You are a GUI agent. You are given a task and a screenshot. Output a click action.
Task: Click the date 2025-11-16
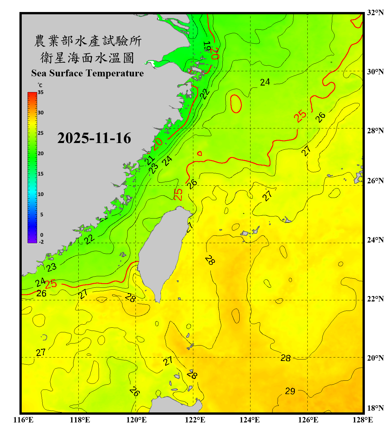[94, 138]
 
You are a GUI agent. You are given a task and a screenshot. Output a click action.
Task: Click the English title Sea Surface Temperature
[87, 73]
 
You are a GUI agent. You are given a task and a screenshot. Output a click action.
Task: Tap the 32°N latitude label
[375, 13]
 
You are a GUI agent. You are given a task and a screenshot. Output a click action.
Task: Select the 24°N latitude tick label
[375, 240]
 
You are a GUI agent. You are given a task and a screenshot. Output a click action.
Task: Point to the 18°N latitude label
[375, 408]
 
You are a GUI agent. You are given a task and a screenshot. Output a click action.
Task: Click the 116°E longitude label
[23, 420]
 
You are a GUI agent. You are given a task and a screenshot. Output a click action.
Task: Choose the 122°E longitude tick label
[195, 420]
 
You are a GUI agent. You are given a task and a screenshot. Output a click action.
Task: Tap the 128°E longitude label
[363, 420]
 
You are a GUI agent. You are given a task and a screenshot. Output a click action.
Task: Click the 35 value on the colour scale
[41, 92]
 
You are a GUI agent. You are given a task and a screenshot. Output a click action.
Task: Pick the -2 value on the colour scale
[41, 242]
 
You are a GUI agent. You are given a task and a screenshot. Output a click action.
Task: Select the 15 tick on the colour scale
[41, 174]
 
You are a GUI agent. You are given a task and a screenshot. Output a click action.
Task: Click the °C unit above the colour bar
[40, 85]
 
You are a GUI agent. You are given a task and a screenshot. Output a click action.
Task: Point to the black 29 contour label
[290, 391]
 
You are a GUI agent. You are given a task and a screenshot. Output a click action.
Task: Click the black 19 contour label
[206, 46]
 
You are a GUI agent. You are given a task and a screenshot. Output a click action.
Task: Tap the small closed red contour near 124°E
[236, 104]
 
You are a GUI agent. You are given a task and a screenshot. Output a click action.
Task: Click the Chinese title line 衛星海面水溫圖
[87, 58]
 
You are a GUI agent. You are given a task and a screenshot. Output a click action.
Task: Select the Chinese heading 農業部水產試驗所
[87, 41]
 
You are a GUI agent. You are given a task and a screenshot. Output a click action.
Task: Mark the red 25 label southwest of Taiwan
[51, 284]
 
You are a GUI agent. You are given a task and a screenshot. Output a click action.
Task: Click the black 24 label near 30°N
[265, 82]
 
